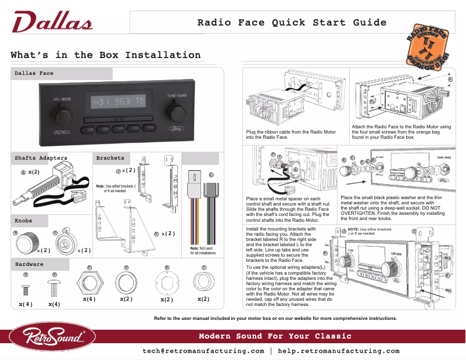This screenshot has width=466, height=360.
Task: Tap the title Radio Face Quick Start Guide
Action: (292, 23)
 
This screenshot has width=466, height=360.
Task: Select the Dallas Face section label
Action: (34, 74)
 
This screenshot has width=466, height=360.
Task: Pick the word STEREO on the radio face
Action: (62, 132)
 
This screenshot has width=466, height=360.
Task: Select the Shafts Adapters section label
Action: (41, 158)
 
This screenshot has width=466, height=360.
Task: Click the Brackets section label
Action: (110, 158)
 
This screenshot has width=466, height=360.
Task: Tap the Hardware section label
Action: (29, 264)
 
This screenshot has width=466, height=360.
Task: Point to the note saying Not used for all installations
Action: (203, 251)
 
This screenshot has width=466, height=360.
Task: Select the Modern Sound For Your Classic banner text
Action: (275, 337)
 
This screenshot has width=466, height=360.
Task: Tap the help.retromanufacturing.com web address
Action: (339, 351)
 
